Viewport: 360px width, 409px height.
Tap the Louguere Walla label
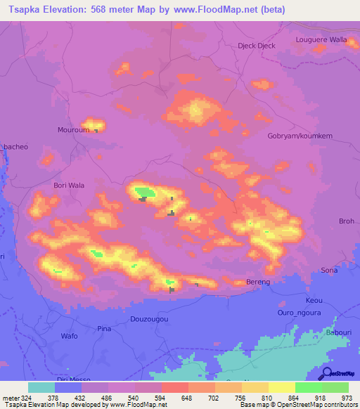(321, 39)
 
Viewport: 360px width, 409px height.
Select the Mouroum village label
(72, 130)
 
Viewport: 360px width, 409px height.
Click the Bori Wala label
(69, 186)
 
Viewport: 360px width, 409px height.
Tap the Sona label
(329, 270)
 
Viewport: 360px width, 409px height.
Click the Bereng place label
(258, 281)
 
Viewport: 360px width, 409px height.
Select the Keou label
(314, 299)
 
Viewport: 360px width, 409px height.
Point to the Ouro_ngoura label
(298, 313)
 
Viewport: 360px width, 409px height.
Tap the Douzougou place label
(149, 319)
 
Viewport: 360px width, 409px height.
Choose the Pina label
(104, 329)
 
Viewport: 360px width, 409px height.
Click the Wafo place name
(69, 336)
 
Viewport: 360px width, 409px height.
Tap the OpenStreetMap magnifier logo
(327, 373)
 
